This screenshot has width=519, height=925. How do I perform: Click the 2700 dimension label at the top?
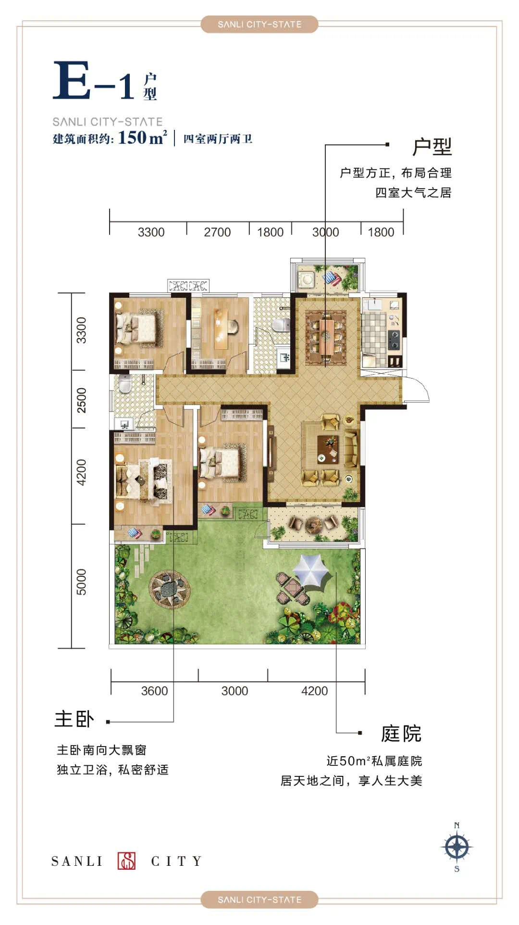(217, 232)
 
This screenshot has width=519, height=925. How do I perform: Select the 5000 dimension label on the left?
(82, 582)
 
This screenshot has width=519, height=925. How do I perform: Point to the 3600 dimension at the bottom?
(154, 691)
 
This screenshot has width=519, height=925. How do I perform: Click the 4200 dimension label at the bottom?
(314, 691)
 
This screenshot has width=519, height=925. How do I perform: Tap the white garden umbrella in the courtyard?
(313, 570)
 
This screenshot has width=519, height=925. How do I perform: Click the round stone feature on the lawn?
(169, 589)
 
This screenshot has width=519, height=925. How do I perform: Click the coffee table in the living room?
(329, 448)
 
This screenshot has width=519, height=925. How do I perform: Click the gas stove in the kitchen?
(394, 340)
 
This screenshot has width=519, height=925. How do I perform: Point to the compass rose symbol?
(457, 847)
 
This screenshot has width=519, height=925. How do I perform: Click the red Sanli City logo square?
(127, 861)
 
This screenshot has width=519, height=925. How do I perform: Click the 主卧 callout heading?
(74, 719)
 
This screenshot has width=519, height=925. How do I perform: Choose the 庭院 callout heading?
(401, 734)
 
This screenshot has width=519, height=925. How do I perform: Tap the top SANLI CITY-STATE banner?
(259, 24)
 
